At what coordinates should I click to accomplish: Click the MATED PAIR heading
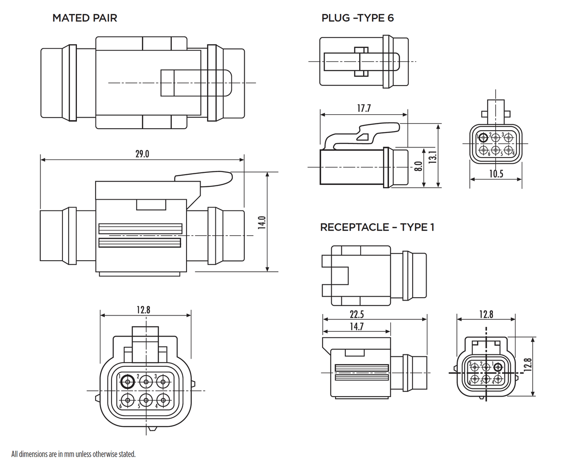click(85, 18)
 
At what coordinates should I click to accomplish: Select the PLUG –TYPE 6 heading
click(358, 18)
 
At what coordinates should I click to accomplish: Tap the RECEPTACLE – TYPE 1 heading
click(377, 227)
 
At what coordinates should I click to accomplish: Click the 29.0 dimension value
click(142, 154)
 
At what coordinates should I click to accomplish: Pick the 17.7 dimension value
click(364, 109)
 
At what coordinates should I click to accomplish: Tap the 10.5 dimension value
click(496, 174)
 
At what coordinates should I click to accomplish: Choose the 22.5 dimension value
click(356, 315)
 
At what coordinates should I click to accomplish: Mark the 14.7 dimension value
click(356, 327)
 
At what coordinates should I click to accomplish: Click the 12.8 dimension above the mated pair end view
click(143, 310)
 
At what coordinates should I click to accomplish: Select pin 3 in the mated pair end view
click(163, 382)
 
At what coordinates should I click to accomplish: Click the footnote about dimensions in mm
click(74, 453)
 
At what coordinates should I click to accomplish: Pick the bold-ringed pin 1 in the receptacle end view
click(498, 368)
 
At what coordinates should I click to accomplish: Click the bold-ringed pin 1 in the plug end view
click(482, 138)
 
